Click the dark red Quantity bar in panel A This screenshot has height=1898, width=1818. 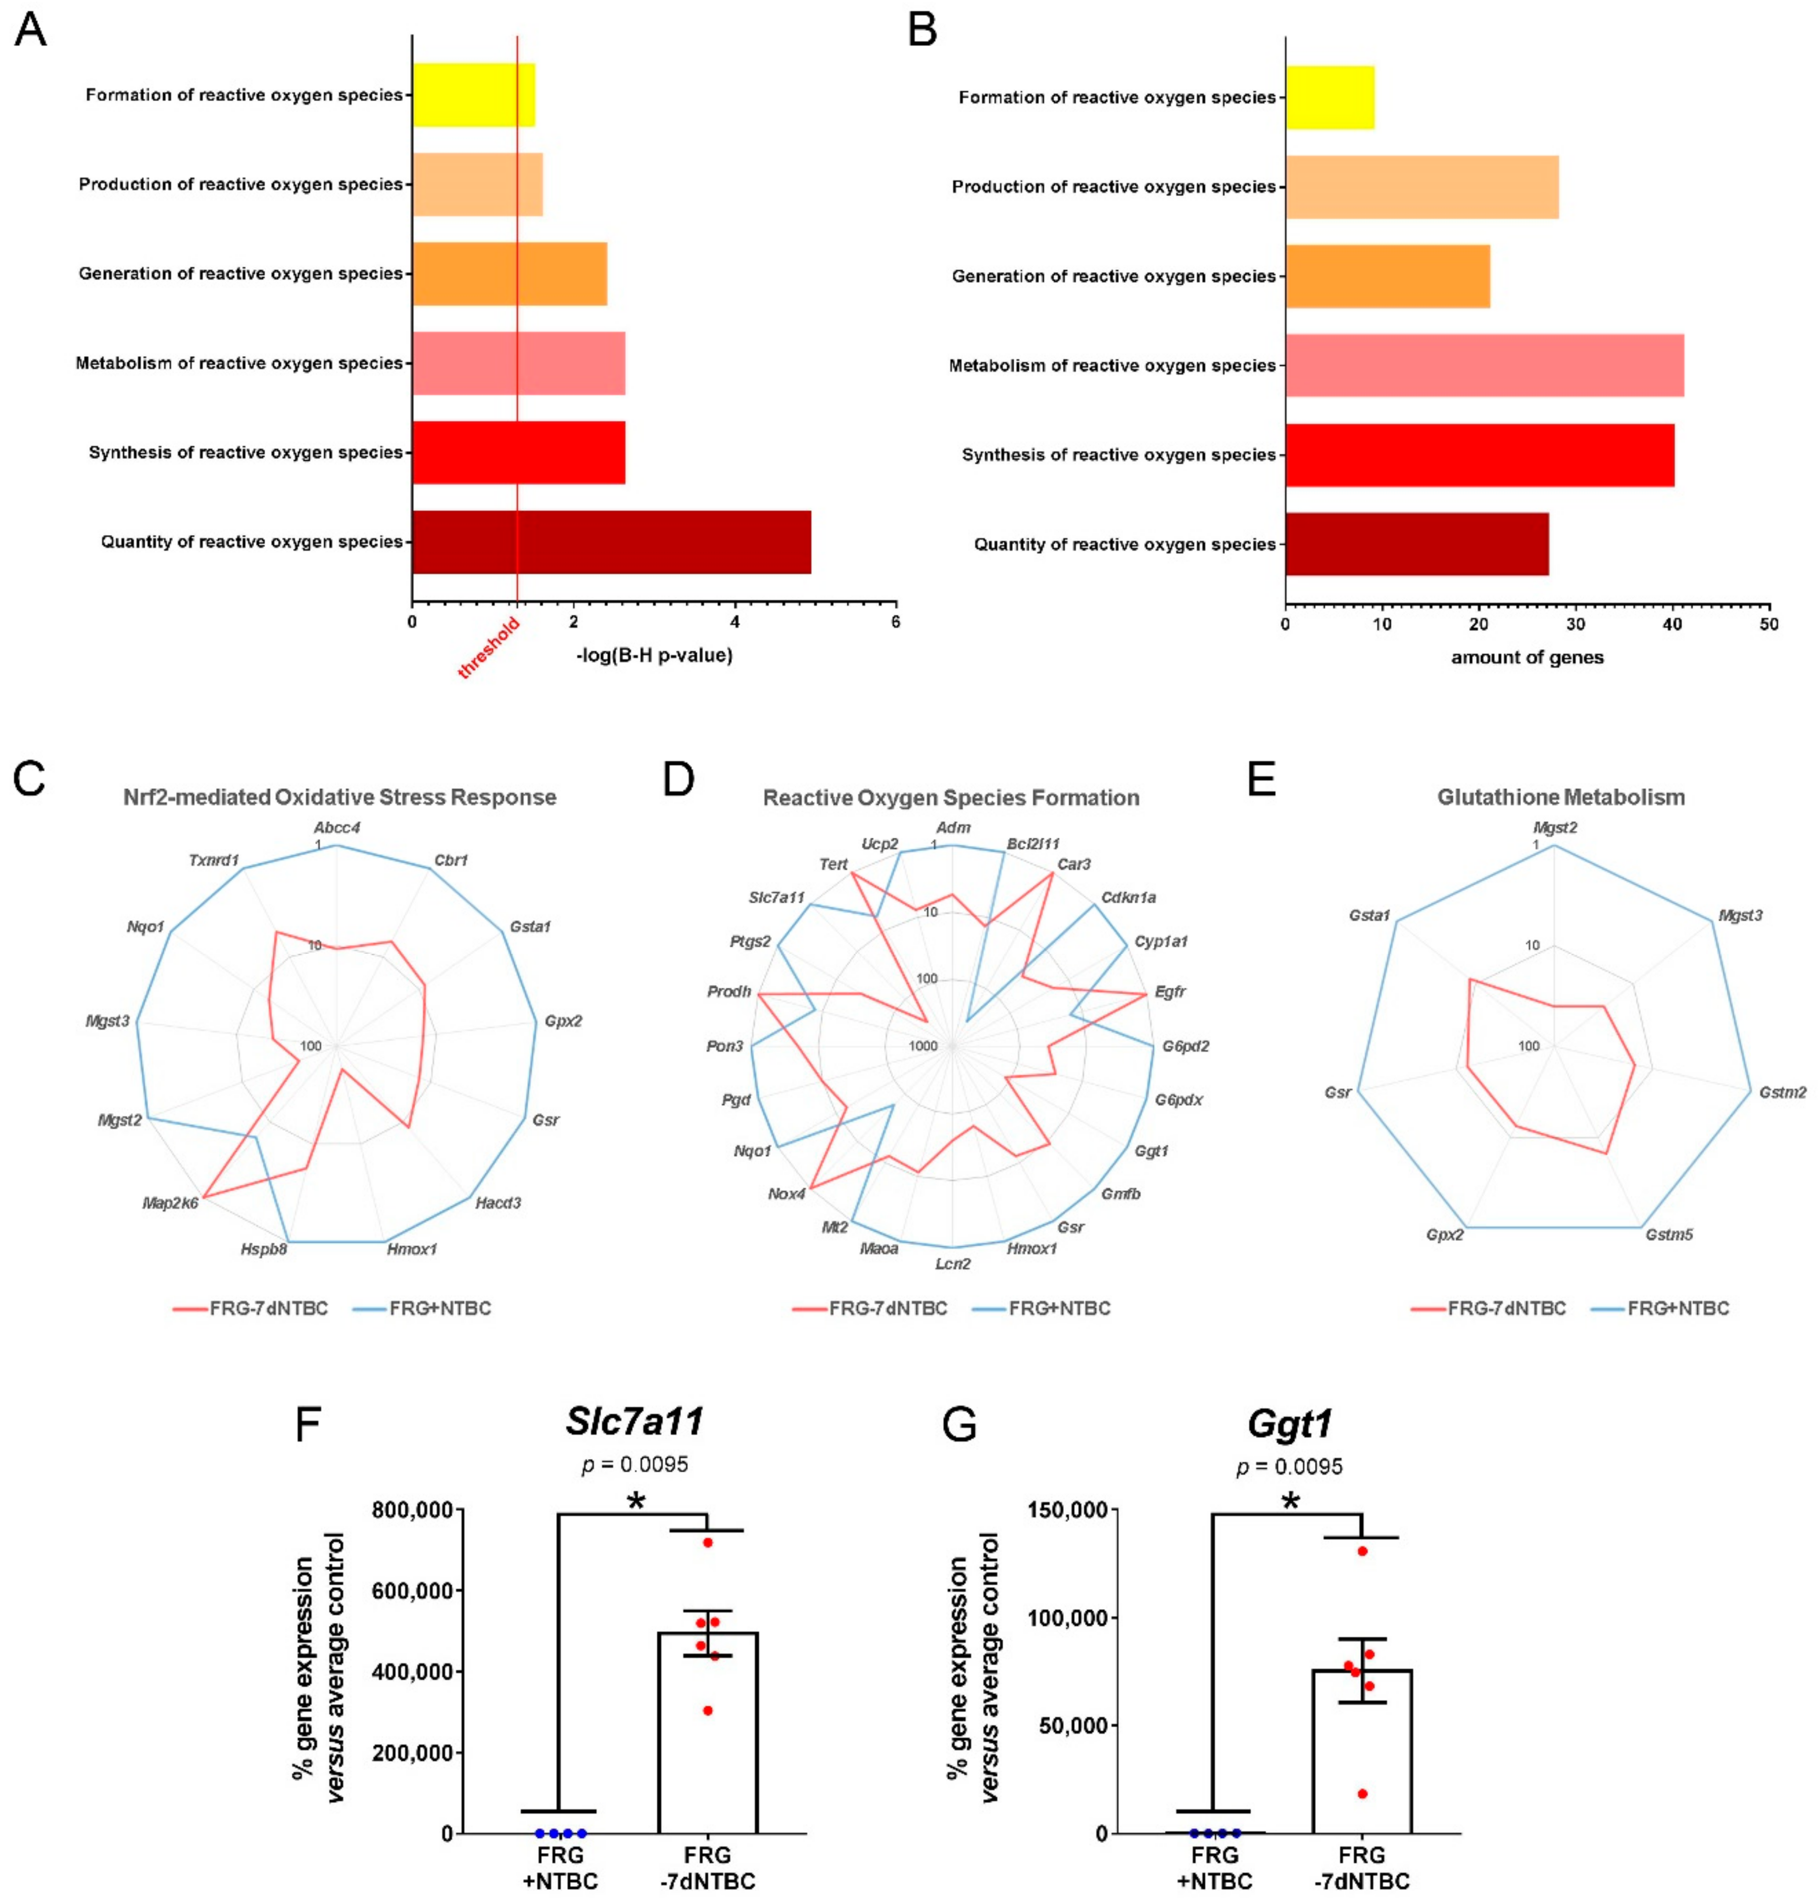click(x=610, y=542)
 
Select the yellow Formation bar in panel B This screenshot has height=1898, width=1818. click(x=1329, y=97)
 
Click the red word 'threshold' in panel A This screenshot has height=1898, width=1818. click(x=489, y=646)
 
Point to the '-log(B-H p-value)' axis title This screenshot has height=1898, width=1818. click(x=654, y=656)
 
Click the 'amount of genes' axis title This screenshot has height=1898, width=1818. click(x=1527, y=658)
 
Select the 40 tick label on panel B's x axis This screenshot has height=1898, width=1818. click(x=1672, y=624)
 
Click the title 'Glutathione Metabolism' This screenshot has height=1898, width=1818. click(x=1560, y=797)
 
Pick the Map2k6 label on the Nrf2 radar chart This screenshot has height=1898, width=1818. click(x=170, y=1204)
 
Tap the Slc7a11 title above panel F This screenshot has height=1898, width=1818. click(x=634, y=1421)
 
